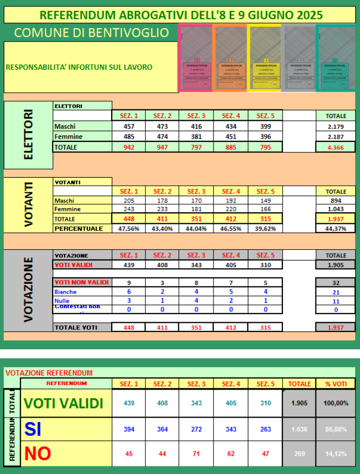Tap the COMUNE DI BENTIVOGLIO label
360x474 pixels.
tap(91, 33)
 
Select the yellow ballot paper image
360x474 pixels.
tap(265, 59)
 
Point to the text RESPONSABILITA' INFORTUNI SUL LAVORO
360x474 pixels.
tap(79, 68)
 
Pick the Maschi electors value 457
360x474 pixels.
tap(129, 127)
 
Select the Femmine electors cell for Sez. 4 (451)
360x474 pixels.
tap(231, 137)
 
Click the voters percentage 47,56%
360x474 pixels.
tap(129, 229)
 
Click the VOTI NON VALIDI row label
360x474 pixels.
tap(81, 282)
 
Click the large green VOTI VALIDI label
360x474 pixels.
tap(64, 404)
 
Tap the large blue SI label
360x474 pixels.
tap(34, 430)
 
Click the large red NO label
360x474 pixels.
tap(38, 453)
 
